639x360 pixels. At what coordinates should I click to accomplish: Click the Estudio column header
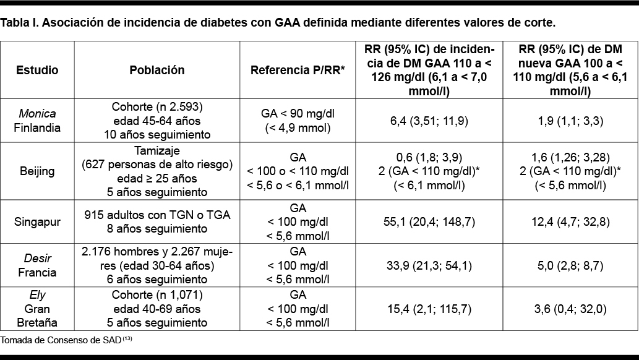37,70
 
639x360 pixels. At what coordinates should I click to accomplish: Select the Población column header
157,70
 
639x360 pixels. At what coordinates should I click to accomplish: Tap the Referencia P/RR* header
298,70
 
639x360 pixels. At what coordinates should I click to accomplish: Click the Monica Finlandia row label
37,121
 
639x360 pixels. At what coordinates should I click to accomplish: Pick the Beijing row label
37,170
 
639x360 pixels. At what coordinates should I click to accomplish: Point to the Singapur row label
37,221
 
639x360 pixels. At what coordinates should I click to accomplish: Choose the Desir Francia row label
37,265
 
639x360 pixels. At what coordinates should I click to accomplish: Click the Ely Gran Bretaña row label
37,309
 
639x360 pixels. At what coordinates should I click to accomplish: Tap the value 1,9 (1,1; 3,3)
570,121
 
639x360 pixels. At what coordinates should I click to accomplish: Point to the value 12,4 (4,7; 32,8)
570,221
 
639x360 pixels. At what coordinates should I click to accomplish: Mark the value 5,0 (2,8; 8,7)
570,265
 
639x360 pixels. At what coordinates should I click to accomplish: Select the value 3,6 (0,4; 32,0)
570,309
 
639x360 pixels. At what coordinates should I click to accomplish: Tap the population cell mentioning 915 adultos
157,221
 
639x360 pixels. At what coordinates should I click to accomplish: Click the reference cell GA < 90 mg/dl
298,121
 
